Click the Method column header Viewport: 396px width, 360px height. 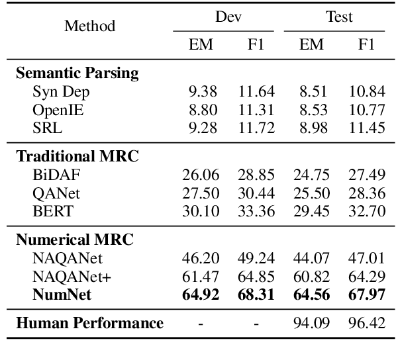click(x=90, y=26)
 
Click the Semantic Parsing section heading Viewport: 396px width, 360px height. click(x=77, y=73)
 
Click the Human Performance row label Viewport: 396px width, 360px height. click(x=89, y=323)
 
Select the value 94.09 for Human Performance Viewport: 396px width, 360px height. click(x=311, y=324)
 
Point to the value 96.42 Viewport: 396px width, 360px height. click(x=366, y=324)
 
